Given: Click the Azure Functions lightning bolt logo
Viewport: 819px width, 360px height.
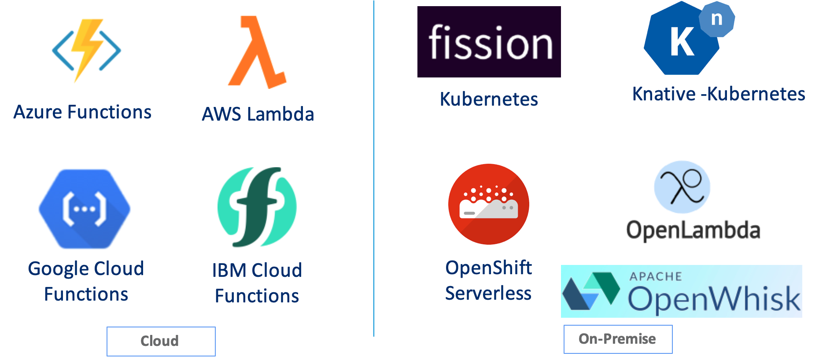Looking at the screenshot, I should pos(86,50).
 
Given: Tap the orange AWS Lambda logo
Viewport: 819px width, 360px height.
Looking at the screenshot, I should pos(258,52).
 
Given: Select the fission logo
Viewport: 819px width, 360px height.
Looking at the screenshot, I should pos(489,42).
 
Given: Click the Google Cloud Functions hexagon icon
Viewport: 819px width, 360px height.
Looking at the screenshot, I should pos(85,209).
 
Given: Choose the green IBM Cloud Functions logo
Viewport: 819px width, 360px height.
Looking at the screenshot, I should pos(257,207).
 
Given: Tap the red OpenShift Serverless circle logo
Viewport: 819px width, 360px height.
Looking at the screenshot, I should pos(489,204).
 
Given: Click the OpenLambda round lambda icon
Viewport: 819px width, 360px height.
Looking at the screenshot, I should pos(682,187).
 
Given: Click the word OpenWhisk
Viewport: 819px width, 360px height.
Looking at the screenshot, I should pos(713,299).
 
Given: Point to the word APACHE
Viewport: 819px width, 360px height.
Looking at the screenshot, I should pos(656,276).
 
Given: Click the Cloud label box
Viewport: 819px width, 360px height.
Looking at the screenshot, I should pos(161,341).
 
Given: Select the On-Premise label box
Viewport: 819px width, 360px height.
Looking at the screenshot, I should pos(618,339).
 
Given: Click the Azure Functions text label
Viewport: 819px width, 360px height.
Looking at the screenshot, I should pos(82,112).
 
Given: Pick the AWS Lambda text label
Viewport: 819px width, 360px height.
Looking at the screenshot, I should pos(258,114).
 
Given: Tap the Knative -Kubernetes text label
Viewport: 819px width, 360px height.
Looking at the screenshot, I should pos(719,94).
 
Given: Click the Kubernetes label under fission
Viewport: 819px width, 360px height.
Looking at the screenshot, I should pos(489,99).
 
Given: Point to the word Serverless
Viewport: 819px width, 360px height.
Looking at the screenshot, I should pos(488,294).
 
